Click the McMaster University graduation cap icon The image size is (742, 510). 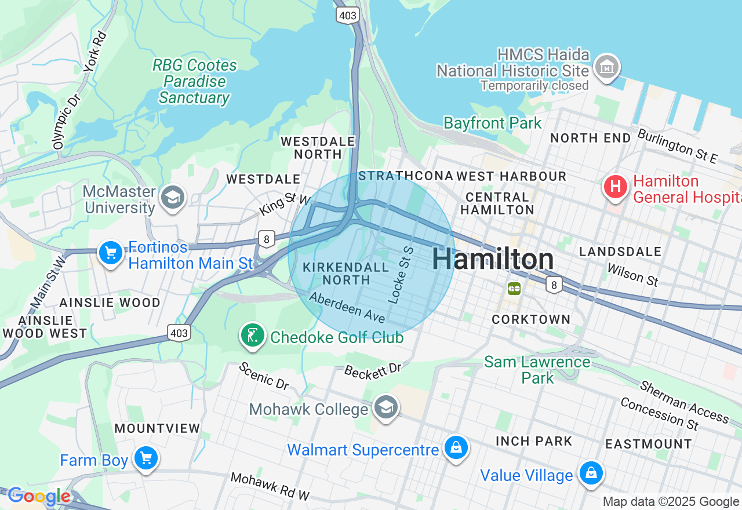click(x=172, y=198)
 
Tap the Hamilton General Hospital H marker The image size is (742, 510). click(x=616, y=187)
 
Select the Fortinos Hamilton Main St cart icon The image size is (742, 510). click(x=111, y=253)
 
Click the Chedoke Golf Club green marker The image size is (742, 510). click(x=253, y=336)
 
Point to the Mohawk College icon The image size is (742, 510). click(x=385, y=407)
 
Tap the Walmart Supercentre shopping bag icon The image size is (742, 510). click(x=456, y=448)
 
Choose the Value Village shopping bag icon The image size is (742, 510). click(x=591, y=473)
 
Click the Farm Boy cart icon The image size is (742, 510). click(x=146, y=459)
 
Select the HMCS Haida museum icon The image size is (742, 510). click(x=607, y=67)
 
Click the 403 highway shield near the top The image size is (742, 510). click(x=347, y=16)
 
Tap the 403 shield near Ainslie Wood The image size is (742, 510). click(x=179, y=333)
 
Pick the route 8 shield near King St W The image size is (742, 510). click(x=266, y=238)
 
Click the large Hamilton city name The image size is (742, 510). click(x=493, y=259)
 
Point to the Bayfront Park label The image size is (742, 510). click(x=492, y=123)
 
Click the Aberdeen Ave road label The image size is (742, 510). click(x=347, y=308)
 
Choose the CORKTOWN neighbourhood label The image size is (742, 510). click(x=531, y=319)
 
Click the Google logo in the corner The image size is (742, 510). click(x=39, y=496)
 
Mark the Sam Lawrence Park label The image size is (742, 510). click(x=537, y=370)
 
